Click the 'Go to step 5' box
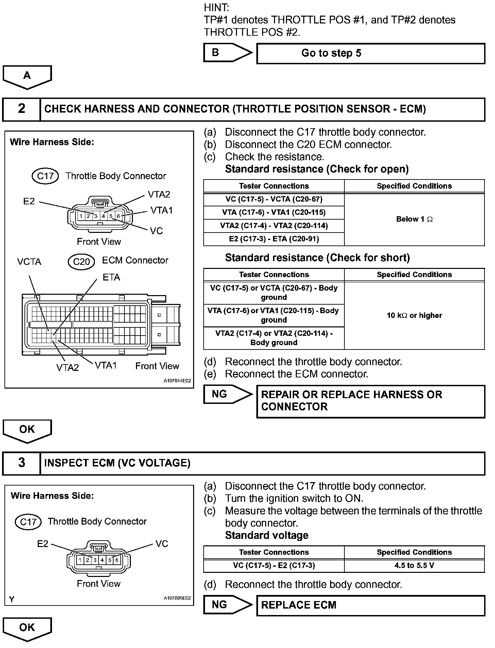tap(371, 53)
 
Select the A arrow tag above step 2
tap(27, 76)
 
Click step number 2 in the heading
tap(21, 109)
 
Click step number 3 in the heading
tap(21, 463)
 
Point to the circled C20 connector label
tap(81, 261)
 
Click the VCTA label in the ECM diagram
tap(29, 262)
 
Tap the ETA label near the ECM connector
tap(111, 277)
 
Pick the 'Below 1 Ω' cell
tap(414, 219)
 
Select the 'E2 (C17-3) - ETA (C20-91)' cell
tap(274, 239)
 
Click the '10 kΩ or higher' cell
tap(414, 316)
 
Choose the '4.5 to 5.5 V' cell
tap(414, 565)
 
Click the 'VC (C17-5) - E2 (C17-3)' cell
tap(274, 565)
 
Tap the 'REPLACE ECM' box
tap(371, 605)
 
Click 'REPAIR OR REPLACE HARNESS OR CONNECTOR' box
tap(371, 401)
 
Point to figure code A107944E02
tap(177, 381)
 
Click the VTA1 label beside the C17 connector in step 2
tap(162, 210)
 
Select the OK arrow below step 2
tap(27, 430)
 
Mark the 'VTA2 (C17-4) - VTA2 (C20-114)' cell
tap(274, 226)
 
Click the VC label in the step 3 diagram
tap(162, 544)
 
